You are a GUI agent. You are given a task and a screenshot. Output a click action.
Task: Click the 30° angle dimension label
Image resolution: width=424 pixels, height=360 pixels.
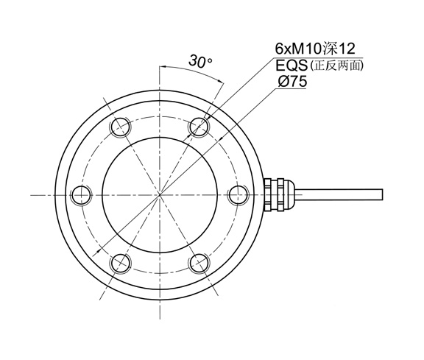pos(199,63)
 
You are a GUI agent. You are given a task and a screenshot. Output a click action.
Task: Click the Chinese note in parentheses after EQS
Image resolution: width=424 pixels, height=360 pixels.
pos(337,66)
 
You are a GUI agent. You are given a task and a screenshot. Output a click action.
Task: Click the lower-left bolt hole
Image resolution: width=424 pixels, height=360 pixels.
pos(120,263)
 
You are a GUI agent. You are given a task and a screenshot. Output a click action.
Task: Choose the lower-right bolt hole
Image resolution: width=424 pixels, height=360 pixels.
pos(199,263)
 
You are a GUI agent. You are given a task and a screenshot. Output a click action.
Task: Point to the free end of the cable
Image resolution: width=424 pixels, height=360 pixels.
pos(382,194)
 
